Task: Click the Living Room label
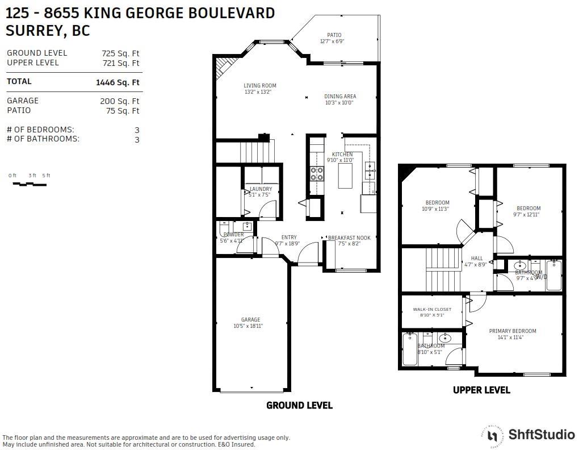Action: [260, 86]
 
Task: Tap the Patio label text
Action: [334, 35]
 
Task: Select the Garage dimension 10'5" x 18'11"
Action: [248, 326]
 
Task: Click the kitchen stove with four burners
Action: [316, 173]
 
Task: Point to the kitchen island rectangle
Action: [345, 176]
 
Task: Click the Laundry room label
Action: [261, 189]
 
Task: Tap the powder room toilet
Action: [224, 228]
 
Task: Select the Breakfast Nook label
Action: [349, 238]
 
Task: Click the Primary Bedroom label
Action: [513, 331]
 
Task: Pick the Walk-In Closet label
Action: [432, 310]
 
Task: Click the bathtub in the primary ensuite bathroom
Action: [409, 349]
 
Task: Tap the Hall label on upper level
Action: [477, 259]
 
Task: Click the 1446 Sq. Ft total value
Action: [118, 82]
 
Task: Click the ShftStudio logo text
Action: [541, 435]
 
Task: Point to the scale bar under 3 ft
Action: [32, 184]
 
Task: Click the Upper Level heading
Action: [481, 390]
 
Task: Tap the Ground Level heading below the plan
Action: [299, 405]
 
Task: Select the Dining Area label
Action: [340, 97]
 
